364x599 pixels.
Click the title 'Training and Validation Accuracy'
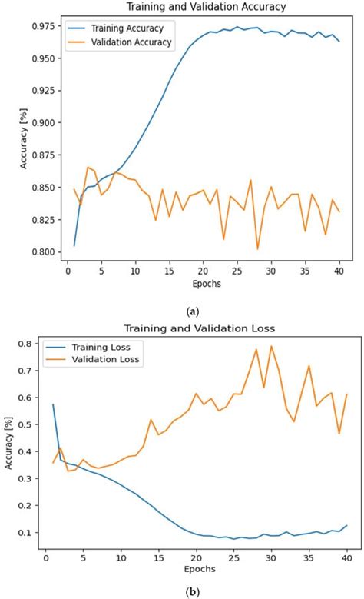[196, 6]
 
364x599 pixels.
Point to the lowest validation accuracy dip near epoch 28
[257, 248]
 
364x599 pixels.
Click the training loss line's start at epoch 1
[53, 404]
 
